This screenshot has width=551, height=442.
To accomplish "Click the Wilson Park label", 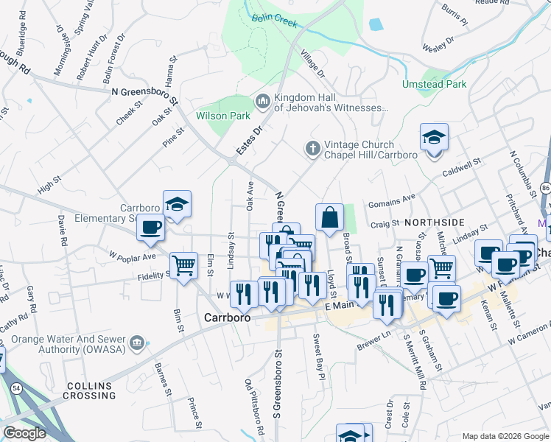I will [223, 116].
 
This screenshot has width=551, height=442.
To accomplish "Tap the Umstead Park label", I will [434, 84].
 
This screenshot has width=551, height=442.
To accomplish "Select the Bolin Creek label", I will [274, 21].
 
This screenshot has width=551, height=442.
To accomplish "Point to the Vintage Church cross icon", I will [312, 149].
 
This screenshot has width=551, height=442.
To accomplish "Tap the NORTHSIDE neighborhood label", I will [434, 222].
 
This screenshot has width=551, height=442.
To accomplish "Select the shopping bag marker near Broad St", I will [329, 217].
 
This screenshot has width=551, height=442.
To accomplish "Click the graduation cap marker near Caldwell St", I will [434, 137].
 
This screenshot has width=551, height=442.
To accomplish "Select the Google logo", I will [24, 433].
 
